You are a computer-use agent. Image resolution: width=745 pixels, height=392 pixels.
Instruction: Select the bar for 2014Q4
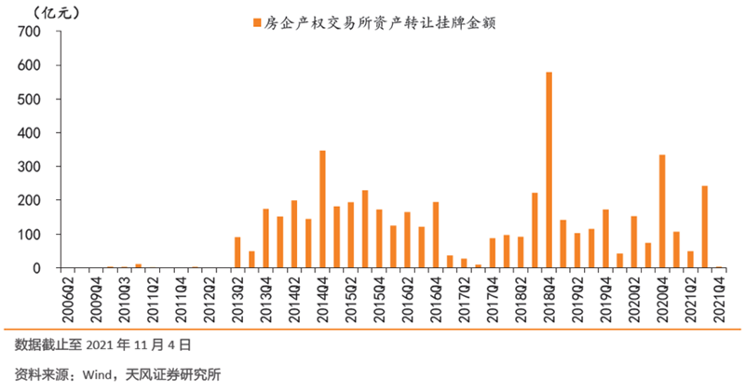(x=322, y=210)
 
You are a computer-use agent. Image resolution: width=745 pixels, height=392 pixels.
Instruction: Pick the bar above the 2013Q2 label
(x=237, y=252)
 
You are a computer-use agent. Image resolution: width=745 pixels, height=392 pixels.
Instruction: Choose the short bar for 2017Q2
(x=464, y=264)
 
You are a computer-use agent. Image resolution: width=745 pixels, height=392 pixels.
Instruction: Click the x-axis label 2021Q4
(x=718, y=297)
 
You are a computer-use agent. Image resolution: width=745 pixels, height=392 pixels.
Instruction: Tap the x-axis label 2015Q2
(x=350, y=297)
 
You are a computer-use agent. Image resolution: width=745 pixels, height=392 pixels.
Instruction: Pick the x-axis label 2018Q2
(x=521, y=297)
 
